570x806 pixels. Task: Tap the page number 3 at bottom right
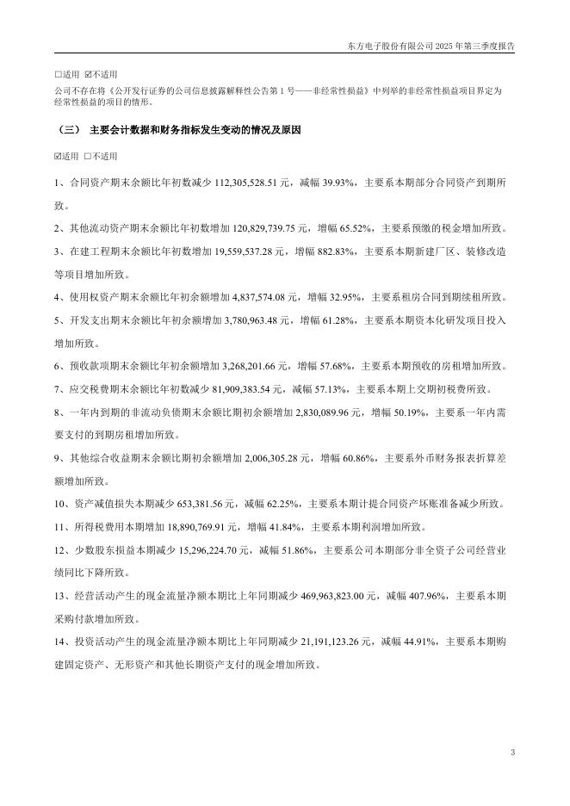tap(512, 754)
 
